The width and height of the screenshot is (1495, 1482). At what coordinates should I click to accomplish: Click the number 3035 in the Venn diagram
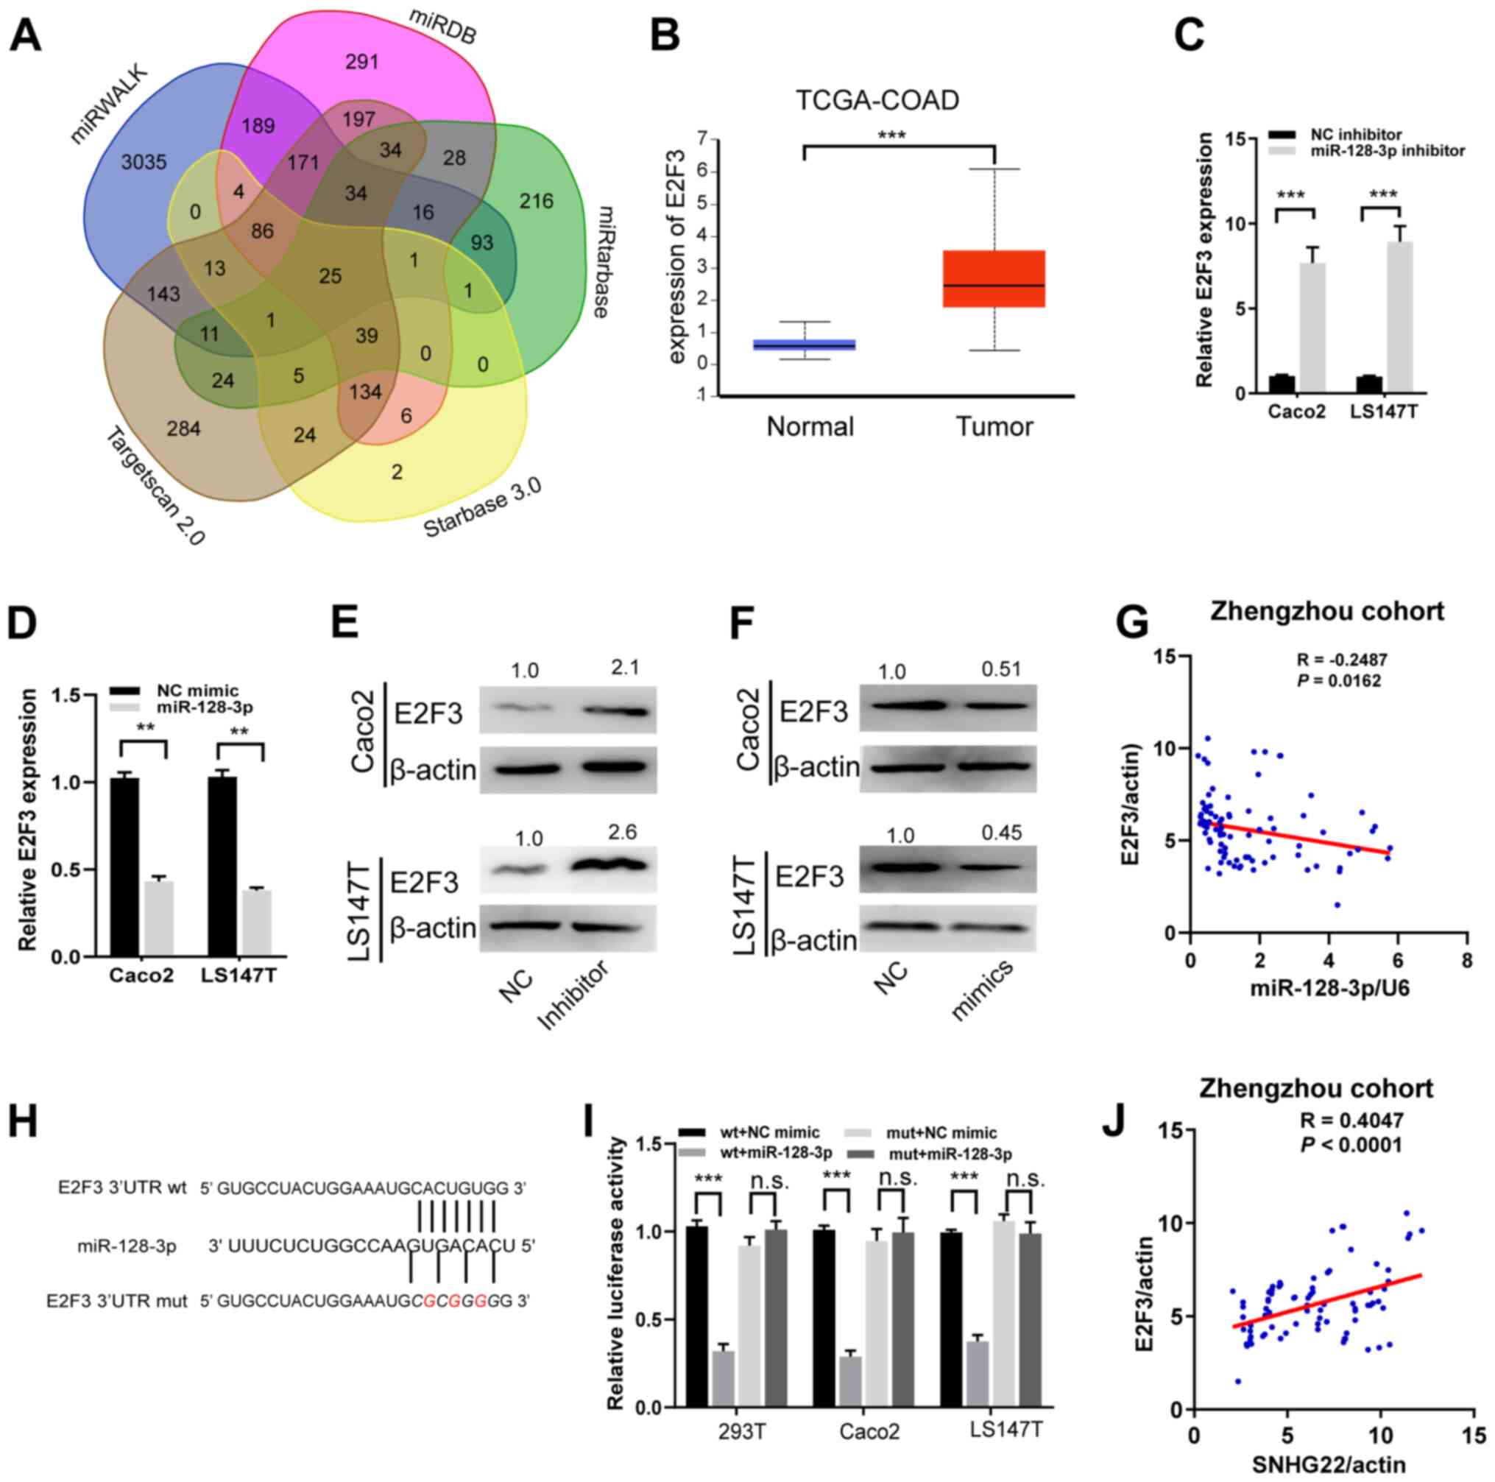click(x=144, y=163)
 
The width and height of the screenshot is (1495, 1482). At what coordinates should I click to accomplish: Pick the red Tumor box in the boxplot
click(x=994, y=278)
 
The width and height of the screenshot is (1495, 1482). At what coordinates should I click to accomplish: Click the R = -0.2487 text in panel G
click(x=1342, y=660)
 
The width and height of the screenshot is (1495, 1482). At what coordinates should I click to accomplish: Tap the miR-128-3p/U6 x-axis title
click(x=1329, y=988)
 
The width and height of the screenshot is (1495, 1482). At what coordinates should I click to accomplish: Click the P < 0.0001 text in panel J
click(x=1350, y=1144)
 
